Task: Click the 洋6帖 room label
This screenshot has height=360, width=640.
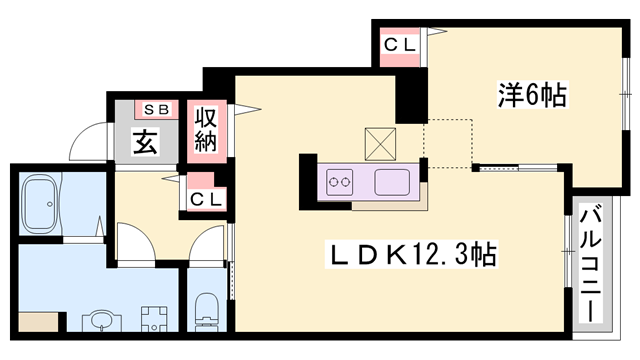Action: pyautogui.click(x=531, y=96)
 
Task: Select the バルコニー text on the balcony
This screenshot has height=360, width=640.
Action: pyautogui.click(x=590, y=261)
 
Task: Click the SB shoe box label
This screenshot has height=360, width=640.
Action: pyautogui.click(x=157, y=109)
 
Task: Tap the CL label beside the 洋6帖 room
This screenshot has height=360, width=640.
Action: pyautogui.click(x=402, y=45)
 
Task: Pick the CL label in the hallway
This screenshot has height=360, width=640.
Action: pyautogui.click(x=206, y=198)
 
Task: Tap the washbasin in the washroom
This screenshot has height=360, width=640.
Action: pyautogui.click(x=101, y=320)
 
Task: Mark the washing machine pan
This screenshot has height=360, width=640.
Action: pyautogui.click(x=154, y=319)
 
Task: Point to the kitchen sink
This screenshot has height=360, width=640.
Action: pyautogui.click(x=391, y=182)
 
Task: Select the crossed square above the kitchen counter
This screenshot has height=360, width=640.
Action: pyautogui.click(x=381, y=142)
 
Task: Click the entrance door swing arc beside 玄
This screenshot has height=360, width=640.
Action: pyautogui.click(x=88, y=140)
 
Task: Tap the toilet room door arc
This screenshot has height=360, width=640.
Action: pyautogui.click(x=209, y=245)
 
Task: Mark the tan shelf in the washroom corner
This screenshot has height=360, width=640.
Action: pyautogui.click(x=38, y=321)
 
